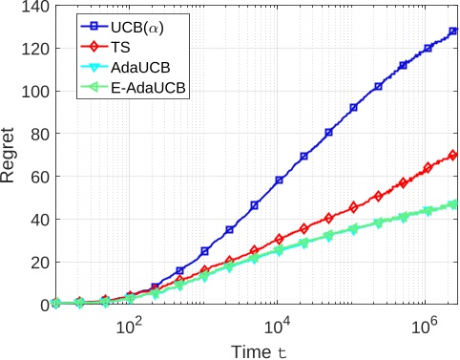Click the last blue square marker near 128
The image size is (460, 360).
coord(453,32)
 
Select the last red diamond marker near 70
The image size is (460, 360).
coord(452,155)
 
